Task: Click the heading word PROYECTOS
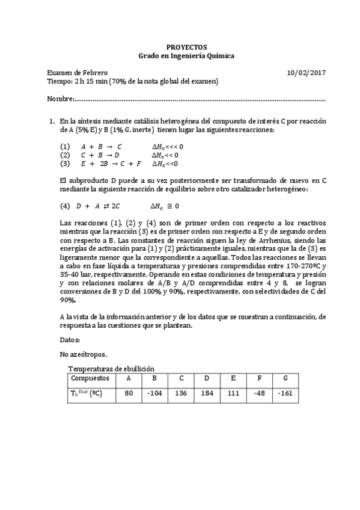(186, 47)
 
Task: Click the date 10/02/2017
(307, 73)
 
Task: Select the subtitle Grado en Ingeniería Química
(186, 56)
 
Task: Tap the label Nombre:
(60, 99)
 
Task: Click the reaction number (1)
(65, 146)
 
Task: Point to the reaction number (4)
(65, 206)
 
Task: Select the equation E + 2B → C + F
(111, 163)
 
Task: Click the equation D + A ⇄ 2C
(101, 206)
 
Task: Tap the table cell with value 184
(206, 394)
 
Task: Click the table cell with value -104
(154, 394)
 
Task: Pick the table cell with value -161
(285, 394)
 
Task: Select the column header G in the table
(285, 378)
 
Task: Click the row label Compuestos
(90, 378)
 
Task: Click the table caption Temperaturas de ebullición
(111, 368)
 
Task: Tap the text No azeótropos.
(84, 354)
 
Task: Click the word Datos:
(70, 340)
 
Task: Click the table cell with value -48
(259, 394)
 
